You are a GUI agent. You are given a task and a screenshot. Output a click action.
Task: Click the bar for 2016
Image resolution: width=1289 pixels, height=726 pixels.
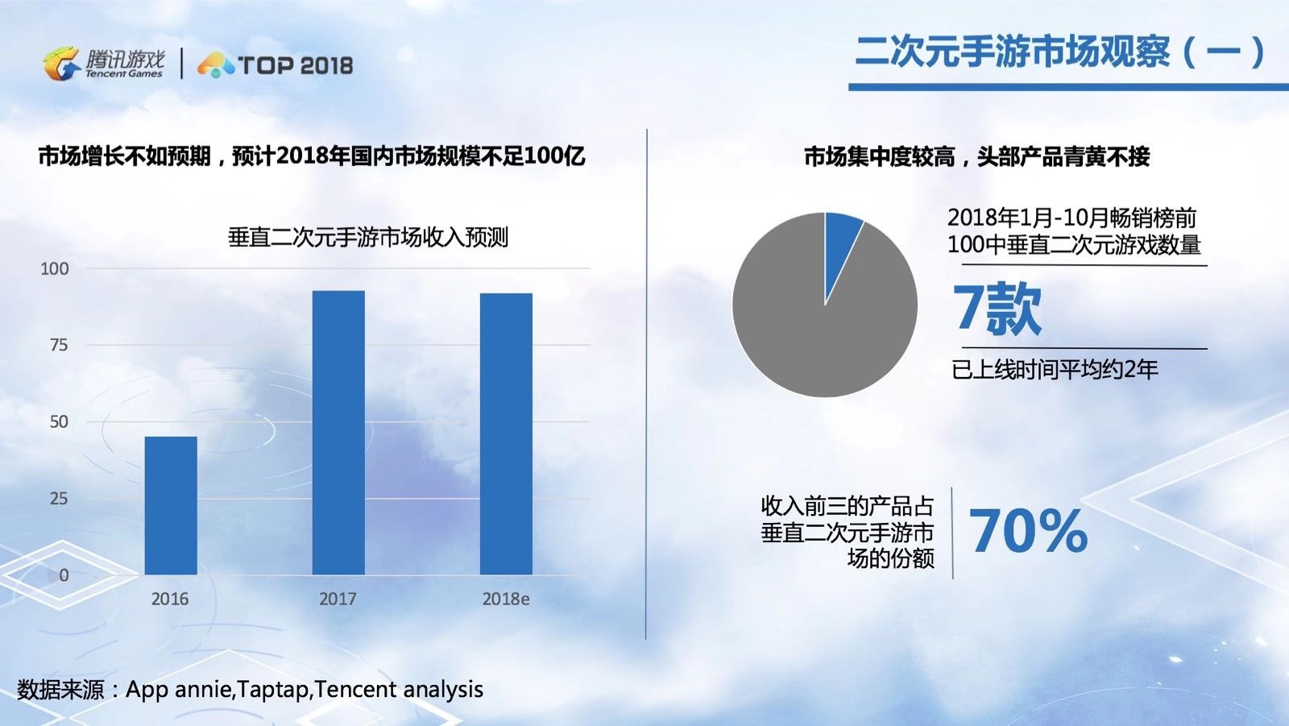pyautogui.click(x=171, y=505)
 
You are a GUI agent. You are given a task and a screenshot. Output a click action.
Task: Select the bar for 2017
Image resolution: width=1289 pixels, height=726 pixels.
pyautogui.click(x=338, y=433)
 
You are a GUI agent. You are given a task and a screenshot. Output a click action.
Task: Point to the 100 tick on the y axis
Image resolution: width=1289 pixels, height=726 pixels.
pyautogui.click(x=55, y=269)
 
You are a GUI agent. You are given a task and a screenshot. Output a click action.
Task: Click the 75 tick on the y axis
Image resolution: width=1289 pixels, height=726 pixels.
pyautogui.click(x=59, y=345)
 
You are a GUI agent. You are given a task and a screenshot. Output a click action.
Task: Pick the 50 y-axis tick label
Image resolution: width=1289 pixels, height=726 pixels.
pyautogui.click(x=59, y=421)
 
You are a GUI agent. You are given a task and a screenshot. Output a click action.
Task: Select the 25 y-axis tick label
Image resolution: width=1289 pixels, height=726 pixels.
pyautogui.click(x=59, y=499)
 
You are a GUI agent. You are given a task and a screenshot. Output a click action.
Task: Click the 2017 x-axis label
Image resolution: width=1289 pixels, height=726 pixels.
pyautogui.click(x=338, y=599)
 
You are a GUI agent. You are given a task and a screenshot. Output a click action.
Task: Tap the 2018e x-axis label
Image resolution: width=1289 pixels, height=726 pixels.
pyautogui.click(x=506, y=599)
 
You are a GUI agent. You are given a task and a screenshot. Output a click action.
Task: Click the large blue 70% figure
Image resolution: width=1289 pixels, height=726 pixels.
pyautogui.click(x=1028, y=531)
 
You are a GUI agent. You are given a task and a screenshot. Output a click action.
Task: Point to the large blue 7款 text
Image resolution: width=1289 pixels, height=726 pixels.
pyautogui.click(x=997, y=309)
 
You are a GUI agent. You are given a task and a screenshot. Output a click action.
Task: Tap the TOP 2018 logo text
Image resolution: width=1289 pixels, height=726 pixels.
pyautogui.click(x=295, y=65)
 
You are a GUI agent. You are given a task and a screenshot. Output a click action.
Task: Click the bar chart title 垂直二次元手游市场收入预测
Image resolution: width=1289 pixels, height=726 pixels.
pyautogui.click(x=368, y=237)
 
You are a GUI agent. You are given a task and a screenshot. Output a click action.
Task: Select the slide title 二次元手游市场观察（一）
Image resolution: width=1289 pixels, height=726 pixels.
pyautogui.click(x=1059, y=52)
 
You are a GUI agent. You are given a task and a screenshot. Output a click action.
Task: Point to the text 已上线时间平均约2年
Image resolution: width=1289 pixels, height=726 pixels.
pyautogui.click(x=1055, y=370)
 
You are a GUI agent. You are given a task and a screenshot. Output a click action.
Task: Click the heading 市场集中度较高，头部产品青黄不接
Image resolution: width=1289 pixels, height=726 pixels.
pyautogui.click(x=976, y=156)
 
